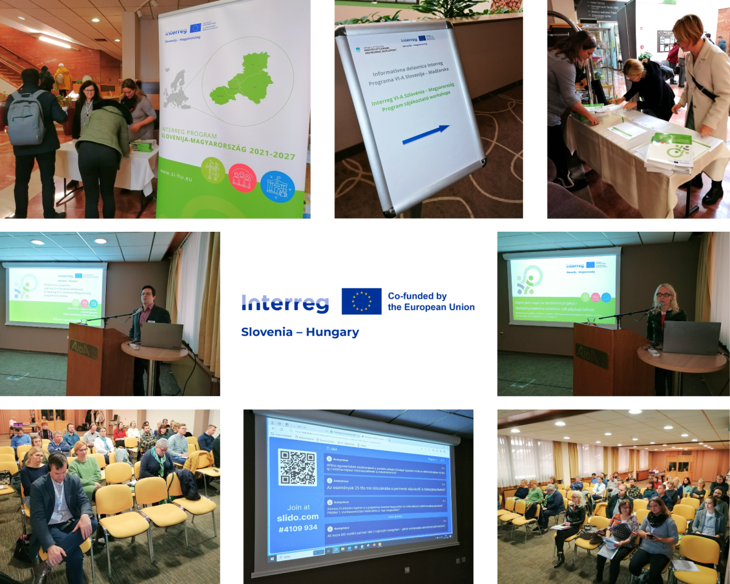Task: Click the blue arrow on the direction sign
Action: tap(426, 135)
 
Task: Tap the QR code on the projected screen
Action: tap(297, 467)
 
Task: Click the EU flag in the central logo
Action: tap(361, 301)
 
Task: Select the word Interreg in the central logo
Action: tap(285, 303)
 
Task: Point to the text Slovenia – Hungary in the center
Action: tap(300, 332)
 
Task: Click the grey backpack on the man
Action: tap(26, 118)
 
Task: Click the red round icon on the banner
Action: tap(242, 178)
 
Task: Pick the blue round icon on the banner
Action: tap(277, 186)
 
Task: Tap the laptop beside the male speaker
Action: tap(161, 336)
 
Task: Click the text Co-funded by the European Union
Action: tap(431, 301)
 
